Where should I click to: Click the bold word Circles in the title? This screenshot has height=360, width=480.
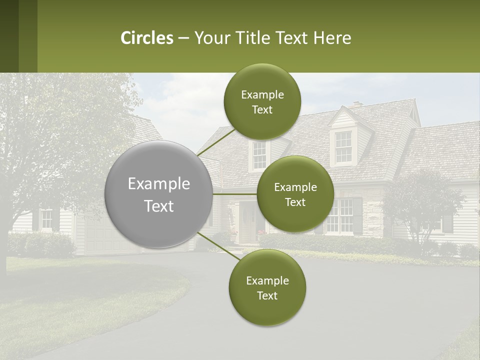point(147,38)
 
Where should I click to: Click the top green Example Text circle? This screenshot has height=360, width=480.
point(262,102)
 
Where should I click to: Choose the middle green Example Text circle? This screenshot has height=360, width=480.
point(295,194)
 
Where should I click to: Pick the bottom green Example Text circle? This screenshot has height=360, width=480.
point(267,287)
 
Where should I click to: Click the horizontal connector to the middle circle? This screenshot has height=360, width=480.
point(235,194)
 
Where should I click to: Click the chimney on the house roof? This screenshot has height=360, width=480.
point(356,105)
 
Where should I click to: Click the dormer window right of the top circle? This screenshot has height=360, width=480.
point(343,146)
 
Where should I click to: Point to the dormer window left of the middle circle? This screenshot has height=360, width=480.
point(259,155)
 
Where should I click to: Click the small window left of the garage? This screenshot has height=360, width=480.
point(46,218)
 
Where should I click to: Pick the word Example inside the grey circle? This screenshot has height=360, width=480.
point(159,184)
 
